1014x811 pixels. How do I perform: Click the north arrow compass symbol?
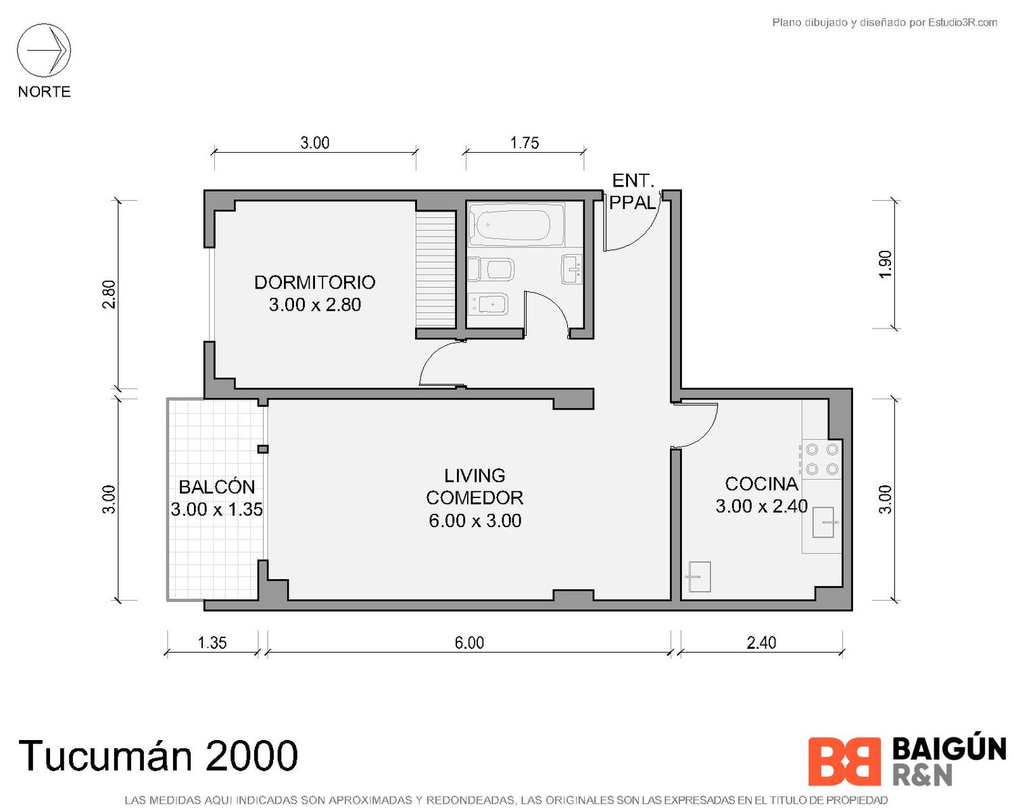[x=44, y=51]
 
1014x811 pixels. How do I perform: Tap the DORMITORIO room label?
[x=315, y=282]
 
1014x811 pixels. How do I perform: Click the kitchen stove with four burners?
[x=822, y=459]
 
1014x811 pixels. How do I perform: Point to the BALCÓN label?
[x=217, y=487]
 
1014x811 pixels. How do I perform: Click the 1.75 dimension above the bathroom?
[x=525, y=143]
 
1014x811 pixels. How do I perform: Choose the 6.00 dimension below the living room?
[x=469, y=643]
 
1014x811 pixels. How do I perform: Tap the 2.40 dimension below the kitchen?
[x=761, y=643]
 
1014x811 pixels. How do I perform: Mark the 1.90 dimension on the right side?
[x=886, y=264]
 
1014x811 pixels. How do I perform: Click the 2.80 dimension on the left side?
[x=109, y=295]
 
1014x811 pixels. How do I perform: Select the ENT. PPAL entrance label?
[x=632, y=191]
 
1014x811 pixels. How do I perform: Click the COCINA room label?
[x=761, y=484]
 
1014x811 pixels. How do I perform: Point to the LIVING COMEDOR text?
[x=475, y=487]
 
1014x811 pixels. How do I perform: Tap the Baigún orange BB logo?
[x=844, y=762]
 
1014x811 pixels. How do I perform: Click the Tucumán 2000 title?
[x=158, y=756]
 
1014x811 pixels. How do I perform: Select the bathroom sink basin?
[x=572, y=270]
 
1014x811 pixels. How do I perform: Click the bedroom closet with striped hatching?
[x=436, y=268]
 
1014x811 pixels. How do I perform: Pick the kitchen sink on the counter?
[x=823, y=522]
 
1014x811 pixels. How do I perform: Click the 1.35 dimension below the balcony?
[x=212, y=643]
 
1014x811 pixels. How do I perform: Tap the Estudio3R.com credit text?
[x=884, y=22]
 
